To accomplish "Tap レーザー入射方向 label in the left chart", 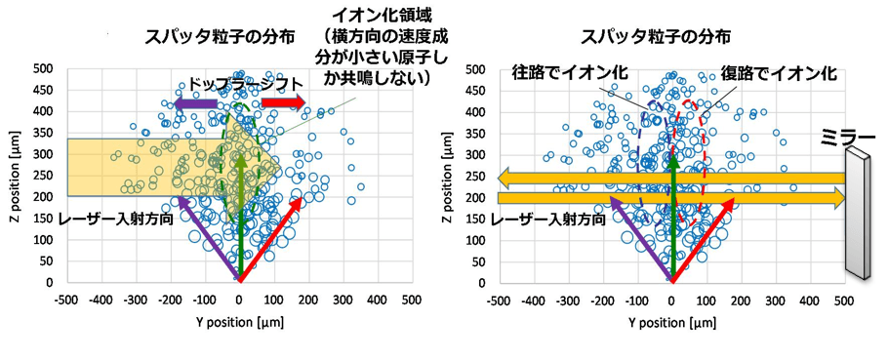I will pos(119,220).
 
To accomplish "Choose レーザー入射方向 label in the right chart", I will pos(549,220).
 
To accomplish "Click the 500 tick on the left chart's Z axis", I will pos(43,69).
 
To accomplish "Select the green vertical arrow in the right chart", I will pos(671,215).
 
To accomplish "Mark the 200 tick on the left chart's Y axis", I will pos(308,299).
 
